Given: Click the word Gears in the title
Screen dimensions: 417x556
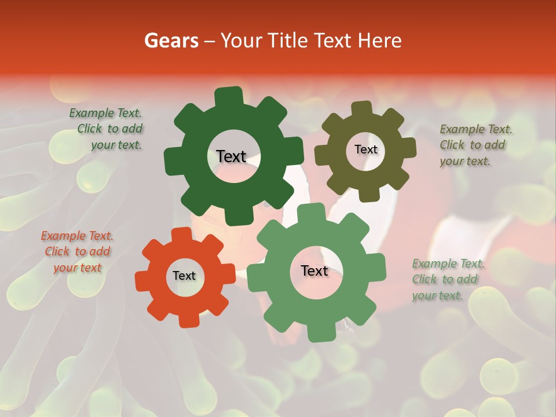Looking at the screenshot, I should [x=170, y=41].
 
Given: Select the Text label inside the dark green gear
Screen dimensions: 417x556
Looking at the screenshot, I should [x=231, y=156].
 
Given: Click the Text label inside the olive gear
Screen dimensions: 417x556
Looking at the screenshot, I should [x=365, y=149].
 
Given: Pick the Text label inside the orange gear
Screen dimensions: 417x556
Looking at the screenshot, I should [x=184, y=276].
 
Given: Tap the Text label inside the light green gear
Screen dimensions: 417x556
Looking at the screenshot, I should [x=314, y=271].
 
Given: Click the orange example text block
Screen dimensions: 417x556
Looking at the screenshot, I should [x=76, y=252].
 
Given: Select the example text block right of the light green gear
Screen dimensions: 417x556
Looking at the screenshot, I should [x=447, y=280].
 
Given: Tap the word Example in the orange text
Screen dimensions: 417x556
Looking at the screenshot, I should [x=63, y=236].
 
